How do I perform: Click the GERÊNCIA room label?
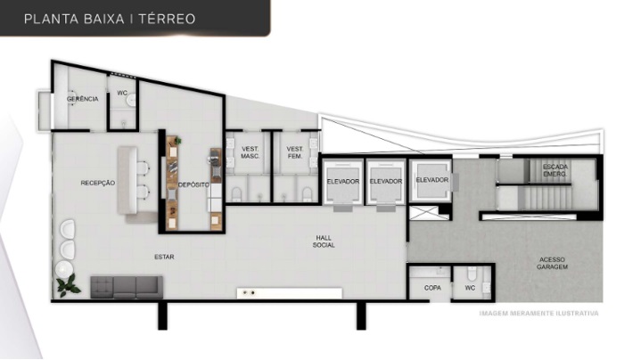[83, 99]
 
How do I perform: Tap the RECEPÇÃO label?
[98, 183]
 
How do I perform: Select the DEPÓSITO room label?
[193, 184]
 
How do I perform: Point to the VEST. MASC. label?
[250, 152]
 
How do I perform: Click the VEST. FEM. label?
[295, 152]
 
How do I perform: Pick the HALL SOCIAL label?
[324, 241]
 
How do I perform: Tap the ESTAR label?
[164, 257]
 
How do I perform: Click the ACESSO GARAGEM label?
[552, 263]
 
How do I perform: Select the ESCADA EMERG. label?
[555, 170]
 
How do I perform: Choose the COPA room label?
[432, 288]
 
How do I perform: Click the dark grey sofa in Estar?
[127, 287]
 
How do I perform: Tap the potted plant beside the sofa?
[68, 285]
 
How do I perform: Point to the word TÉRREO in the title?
[167, 19]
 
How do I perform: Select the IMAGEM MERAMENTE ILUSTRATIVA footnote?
[538, 314]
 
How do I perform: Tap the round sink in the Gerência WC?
[131, 100]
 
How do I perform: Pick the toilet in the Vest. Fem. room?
[307, 194]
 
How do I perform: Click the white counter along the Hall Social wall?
[290, 293]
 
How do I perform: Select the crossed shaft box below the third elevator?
[423, 213]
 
